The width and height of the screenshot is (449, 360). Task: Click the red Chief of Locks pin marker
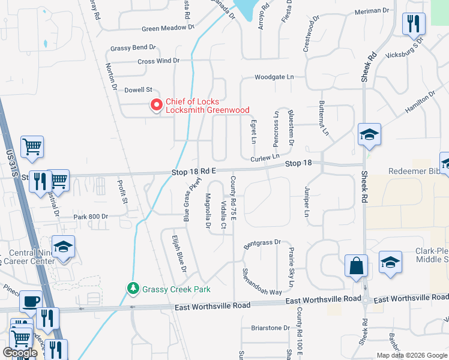[157, 105]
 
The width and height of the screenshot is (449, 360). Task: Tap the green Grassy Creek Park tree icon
[133, 289]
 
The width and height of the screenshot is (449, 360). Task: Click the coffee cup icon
[31, 301]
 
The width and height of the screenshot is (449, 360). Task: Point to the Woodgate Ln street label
[274, 77]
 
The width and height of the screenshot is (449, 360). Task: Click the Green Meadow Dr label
[169, 28]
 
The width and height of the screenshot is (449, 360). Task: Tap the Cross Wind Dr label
[158, 61]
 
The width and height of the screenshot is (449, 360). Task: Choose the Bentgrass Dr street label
[262, 242]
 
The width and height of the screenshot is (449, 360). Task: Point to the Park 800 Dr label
[91, 216]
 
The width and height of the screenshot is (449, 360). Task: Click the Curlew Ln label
[265, 158]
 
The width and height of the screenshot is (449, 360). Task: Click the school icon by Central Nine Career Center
[63, 247]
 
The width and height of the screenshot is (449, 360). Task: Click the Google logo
[20, 353]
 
